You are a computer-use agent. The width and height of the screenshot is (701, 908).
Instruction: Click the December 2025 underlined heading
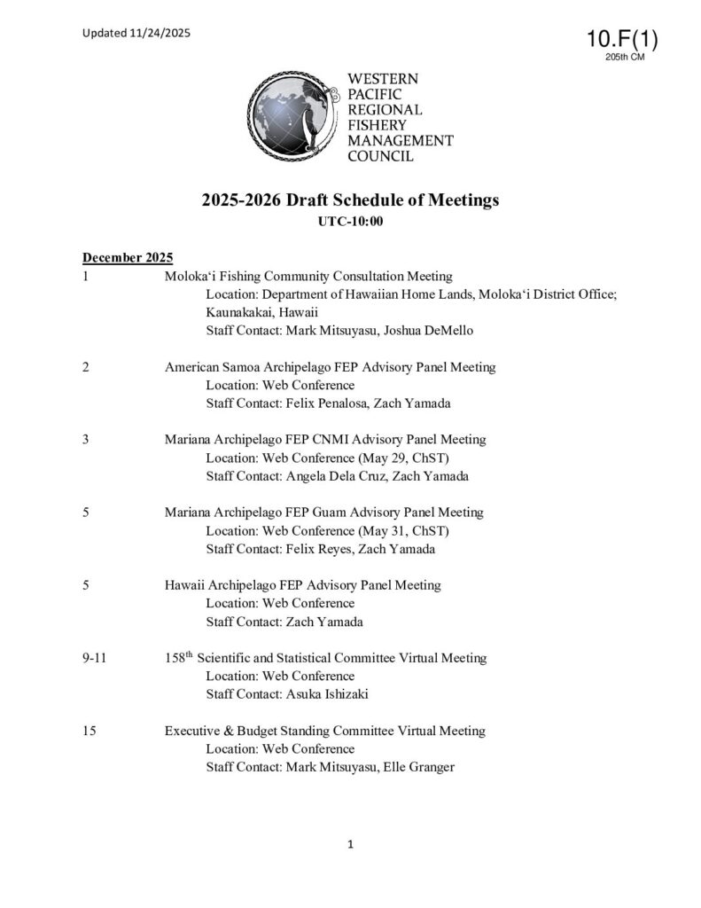[128, 258]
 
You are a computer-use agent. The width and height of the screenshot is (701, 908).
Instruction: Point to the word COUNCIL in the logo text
[382, 156]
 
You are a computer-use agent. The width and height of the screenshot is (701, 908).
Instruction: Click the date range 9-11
[95, 658]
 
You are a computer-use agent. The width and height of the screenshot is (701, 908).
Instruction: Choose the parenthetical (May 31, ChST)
[404, 531]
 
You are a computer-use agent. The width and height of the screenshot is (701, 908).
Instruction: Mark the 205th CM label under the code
[624, 58]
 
